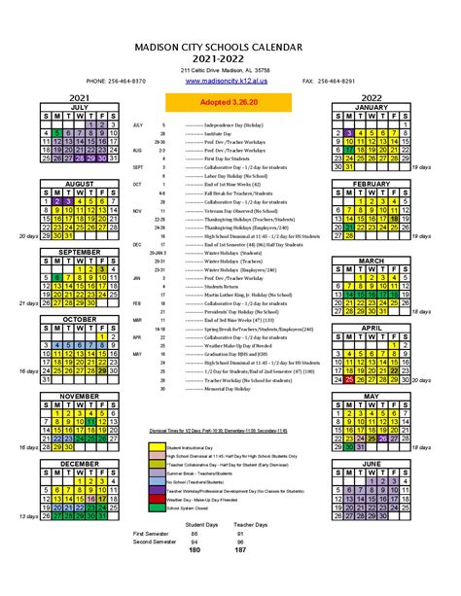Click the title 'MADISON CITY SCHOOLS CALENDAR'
pos(230,46)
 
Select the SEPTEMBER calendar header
pos(79,251)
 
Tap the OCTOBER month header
pos(79,319)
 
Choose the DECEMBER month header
pos(79,464)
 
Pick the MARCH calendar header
pos(371,261)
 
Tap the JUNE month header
pos(371,464)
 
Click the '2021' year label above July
pos(79,97)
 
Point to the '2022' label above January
pos(371,97)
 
